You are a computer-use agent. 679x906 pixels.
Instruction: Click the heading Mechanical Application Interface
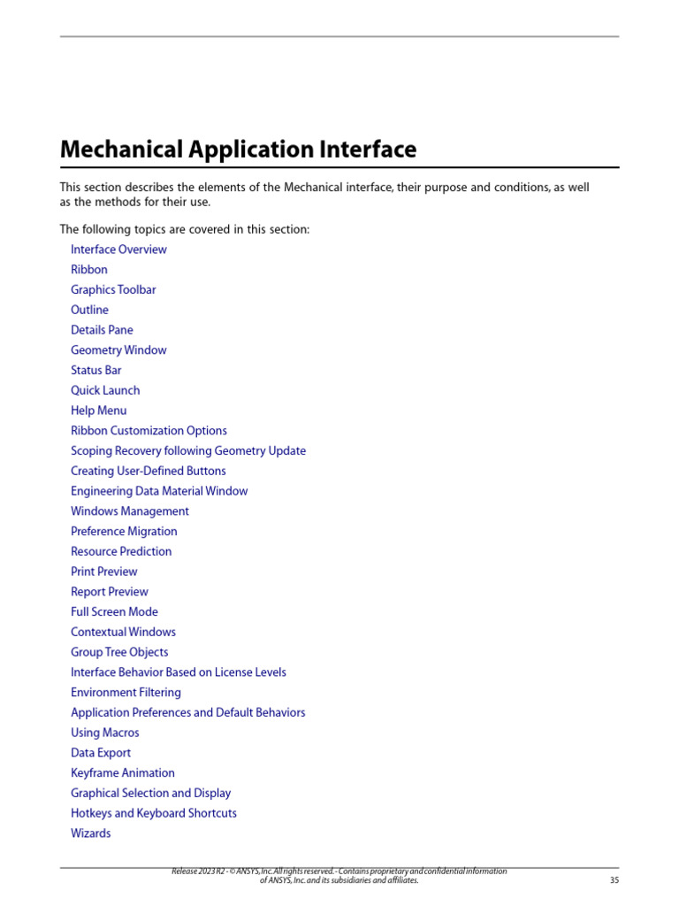[x=238, y=150]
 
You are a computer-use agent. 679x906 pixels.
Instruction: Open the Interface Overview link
[x=118, y=250]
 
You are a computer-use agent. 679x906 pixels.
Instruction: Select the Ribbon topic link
[x=89, y=270]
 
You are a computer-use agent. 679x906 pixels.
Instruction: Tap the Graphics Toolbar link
[x=113, y=290]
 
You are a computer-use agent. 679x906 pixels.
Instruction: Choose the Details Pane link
[x=102, y=330]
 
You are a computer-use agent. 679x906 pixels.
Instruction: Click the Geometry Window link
[x=118, y=350]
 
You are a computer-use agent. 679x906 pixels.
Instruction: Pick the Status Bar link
[x=96, y=371]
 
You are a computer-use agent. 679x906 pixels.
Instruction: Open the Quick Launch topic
[x=105, y=390]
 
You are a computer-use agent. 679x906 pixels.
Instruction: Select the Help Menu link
[x=99, y=411]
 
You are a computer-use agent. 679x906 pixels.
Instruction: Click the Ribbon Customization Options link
[x=149, y=431]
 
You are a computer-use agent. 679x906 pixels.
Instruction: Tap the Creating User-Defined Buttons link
[x=149, y=472]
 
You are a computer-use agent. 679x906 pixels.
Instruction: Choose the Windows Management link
[x=130, y=511]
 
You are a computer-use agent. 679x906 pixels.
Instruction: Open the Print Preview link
[x=104, y=572]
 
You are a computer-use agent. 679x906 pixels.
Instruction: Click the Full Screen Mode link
[x=115, y=612]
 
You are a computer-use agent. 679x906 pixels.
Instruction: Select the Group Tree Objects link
[x=119, y=652]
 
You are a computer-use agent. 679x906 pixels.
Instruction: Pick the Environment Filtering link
[x=126, y=693]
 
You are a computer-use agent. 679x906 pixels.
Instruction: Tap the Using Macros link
[x=105, y=733]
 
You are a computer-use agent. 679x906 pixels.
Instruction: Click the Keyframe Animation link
[x=123, y=773]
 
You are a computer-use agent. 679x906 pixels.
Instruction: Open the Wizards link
[x=91, y=833]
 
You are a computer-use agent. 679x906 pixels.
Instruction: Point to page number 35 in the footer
[x=614, y=880]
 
